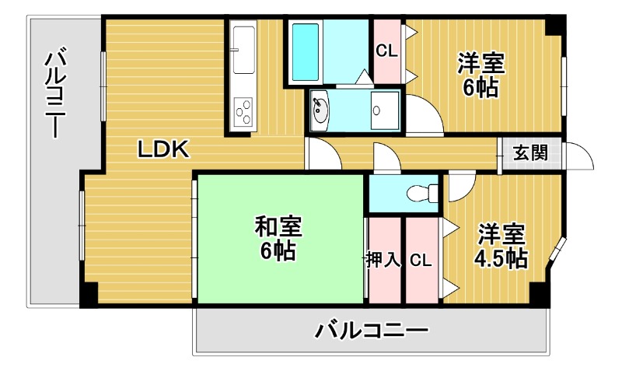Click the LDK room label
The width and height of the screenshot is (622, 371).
(x=164, y=149)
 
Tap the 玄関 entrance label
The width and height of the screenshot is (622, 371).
(x=529, y=152)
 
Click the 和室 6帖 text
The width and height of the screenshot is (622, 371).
(x=278, y=239)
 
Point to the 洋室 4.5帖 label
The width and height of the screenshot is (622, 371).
(x=501, y=245)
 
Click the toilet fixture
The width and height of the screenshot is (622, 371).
(x=420, y=192)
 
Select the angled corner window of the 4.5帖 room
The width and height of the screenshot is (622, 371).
(x=557, y=250)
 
